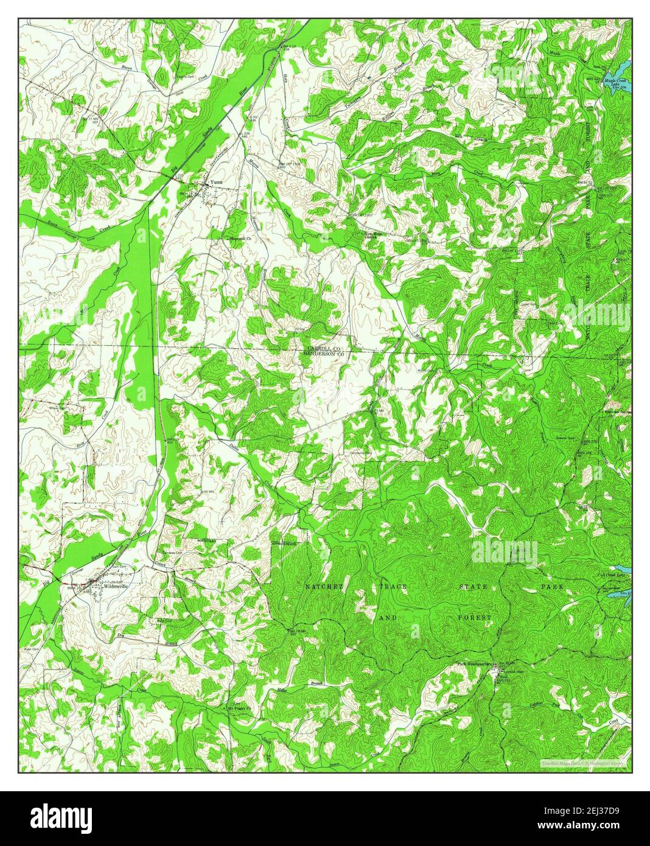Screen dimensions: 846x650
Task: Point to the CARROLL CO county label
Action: (323, 348)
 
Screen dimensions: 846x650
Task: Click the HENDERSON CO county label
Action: (324, 354)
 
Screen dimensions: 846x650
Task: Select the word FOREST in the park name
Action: (474, 618)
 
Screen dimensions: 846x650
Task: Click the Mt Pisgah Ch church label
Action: (239, 708)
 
